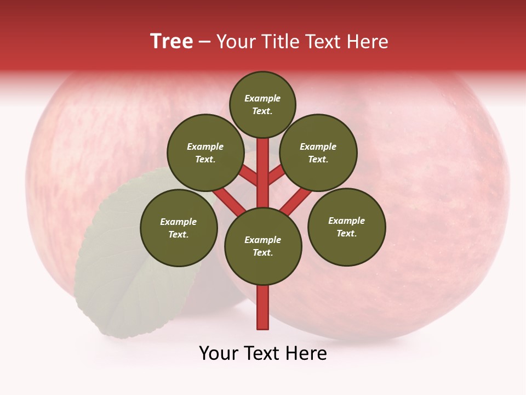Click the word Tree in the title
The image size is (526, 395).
pos(171,42)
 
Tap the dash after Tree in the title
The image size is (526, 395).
pos(205,42)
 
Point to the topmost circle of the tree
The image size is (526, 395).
pos(262,104)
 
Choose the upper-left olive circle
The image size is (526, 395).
pos(205,153)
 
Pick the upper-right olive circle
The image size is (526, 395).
pos(318,153)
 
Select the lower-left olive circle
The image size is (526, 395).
pos(179,228)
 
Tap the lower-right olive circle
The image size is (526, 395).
pos(347,227)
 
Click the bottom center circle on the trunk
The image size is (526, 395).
pos(263,246)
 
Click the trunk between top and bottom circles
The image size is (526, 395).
pos(263,176)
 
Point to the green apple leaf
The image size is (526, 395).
pos(126,274)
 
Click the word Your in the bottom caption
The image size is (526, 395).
pos(219,353)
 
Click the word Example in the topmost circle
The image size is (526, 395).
pos(262,99)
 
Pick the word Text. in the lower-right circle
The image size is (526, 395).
pos(346,233)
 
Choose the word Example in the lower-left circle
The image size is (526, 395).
pos(179,222)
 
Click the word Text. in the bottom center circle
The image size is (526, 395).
pos(262,252)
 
